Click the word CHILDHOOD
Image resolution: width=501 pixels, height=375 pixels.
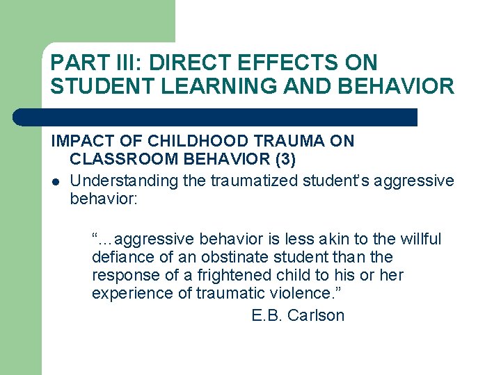tap(178, 141)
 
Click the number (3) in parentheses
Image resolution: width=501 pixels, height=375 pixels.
tap(285, 160)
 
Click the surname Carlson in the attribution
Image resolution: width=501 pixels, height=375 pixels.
tap(316, 315)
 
